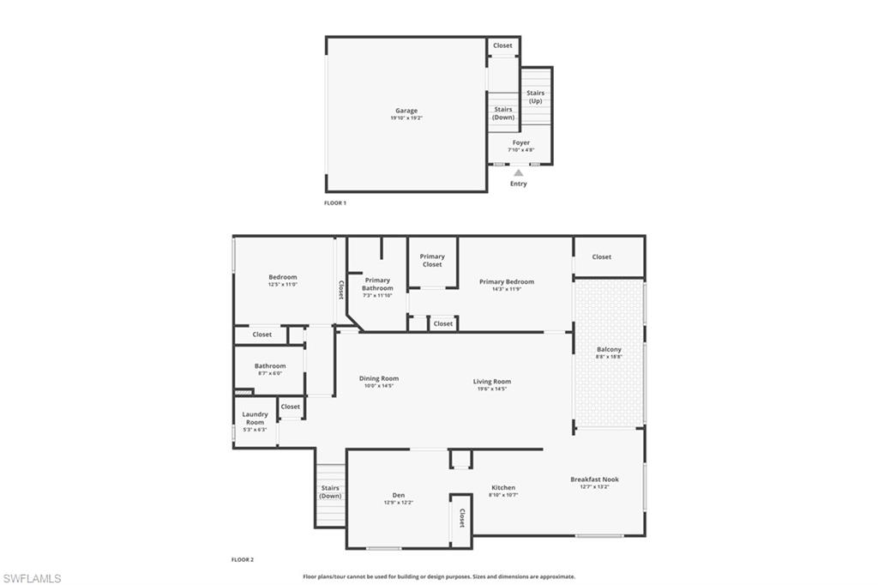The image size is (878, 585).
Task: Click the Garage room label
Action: [x=406, y=111]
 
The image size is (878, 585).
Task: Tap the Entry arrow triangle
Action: [x=518, y=172]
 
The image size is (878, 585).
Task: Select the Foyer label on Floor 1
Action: [x=521, y=142]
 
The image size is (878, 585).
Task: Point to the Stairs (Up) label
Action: [x=535, y=97]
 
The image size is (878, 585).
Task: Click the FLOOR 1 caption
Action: [x=335, y=203]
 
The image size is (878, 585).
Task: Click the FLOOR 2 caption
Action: [x=243, y=559]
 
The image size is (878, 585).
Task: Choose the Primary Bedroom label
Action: [x=507, y=281]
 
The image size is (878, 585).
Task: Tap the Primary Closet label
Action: [x=432, y=260]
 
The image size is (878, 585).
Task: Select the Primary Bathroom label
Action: [x=377, y=284]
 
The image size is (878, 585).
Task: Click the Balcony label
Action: [x=609, y=349]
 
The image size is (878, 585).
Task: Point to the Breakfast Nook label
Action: [x=595, y=479]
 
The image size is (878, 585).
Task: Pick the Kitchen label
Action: [x=503, y=487]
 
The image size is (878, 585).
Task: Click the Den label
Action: [x=399, y=495]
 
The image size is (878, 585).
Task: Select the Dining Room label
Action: [x=378, y=378]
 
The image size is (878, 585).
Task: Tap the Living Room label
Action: [x=492, y=382]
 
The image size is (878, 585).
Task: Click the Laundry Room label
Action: [x=255, y=418]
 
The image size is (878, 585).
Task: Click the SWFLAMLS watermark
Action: [x=32, y=578]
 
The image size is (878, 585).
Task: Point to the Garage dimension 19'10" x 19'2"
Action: [x=406, y=118]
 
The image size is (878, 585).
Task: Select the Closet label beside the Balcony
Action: [x=602, y=256]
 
